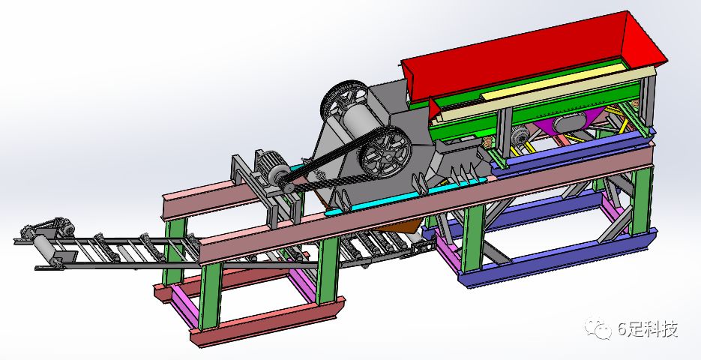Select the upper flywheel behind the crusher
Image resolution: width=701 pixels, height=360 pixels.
pos(344,99)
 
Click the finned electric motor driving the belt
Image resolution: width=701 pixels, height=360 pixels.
pos(270,166)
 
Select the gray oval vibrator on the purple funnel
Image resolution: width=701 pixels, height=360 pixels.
pos(569,121)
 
